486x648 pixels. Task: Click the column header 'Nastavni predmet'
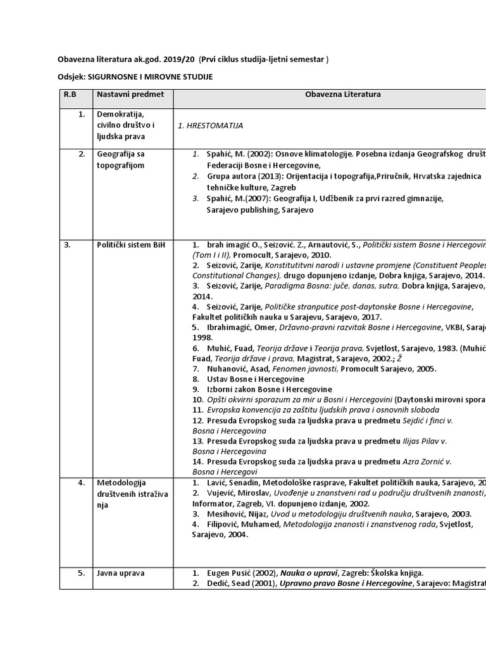pos(130,94)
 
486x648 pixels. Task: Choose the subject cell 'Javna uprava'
pos(120,573)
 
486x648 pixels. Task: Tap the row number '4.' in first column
pos(82,483)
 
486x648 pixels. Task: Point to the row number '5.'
pos(82,573)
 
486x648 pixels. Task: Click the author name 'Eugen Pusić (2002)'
pos(242,573)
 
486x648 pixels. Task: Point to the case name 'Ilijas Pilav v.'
pos(428,440)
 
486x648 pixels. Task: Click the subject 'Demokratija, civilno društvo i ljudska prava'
pos(125,125)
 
